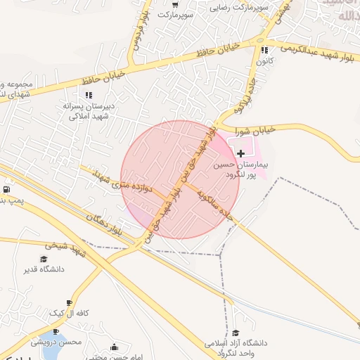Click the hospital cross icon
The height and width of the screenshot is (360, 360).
241,153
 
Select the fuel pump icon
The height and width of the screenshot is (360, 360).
7,190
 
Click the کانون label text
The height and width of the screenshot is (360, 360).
264,62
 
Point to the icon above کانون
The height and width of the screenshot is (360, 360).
264,51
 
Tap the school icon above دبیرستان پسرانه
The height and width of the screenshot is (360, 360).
89,94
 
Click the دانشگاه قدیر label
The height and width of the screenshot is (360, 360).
46,269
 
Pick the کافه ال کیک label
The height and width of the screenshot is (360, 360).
67,313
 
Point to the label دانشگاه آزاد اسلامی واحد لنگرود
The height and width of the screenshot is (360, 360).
233,347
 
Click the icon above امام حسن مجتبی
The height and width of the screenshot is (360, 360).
115,347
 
